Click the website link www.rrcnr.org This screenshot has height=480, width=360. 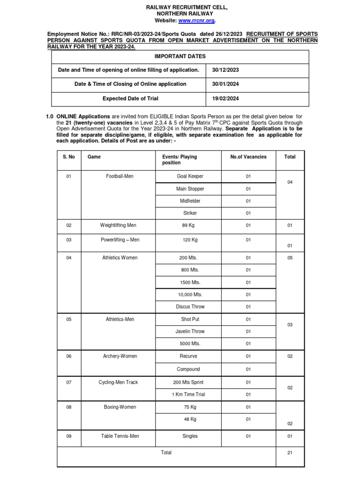click(197, 21)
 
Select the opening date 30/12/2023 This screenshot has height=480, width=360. click(225, 70)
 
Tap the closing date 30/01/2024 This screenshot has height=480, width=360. click(225, 84)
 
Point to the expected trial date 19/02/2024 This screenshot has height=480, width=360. click(225, 98)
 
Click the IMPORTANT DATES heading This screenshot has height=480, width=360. click(180, 56)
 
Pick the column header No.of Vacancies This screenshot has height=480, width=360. click(248, 157)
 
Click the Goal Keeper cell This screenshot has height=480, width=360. click(190, 177)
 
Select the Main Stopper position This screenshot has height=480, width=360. click(190, 189)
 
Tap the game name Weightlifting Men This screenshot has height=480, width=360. click(118, 225)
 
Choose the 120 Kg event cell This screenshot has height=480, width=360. click(190, 240)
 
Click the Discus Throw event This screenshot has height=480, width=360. click(190, 307)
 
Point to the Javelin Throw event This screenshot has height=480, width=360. click(190, 331)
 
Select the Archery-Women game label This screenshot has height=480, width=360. click(120, 356)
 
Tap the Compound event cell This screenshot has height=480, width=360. click(188, 369)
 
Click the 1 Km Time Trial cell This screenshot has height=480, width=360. click(189, 394)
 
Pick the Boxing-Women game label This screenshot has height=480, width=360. click(120, 407)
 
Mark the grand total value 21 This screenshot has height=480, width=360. click(290, 453)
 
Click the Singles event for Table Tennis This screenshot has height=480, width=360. click(190, 436)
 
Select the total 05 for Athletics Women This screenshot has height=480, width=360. click(290, 258)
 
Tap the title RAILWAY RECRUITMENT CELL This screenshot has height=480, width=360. click(180, 7)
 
